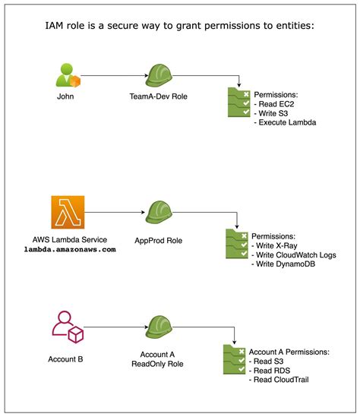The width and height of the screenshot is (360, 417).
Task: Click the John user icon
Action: (67, 76)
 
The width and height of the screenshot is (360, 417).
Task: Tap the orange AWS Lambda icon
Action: (67, 212)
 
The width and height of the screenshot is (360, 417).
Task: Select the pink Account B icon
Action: (67, 327)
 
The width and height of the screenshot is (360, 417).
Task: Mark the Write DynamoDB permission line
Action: (286, 263)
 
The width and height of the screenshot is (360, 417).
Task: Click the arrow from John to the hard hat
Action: (112, 77)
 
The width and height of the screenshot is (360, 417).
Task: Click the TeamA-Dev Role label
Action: (159, 98)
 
